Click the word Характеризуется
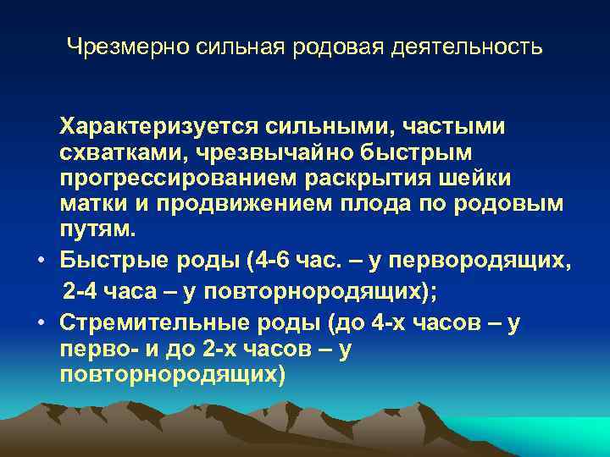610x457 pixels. point(158,127)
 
